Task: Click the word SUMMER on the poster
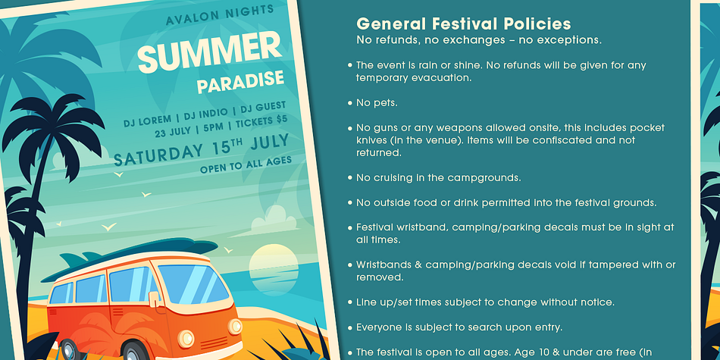[210, 52]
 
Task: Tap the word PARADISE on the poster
[240, 81]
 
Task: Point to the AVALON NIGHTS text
[220, 15]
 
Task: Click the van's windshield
[193, 283]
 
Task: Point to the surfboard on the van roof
[129, 258]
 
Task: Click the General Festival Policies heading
[464, 23]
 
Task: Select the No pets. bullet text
[377, 103]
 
